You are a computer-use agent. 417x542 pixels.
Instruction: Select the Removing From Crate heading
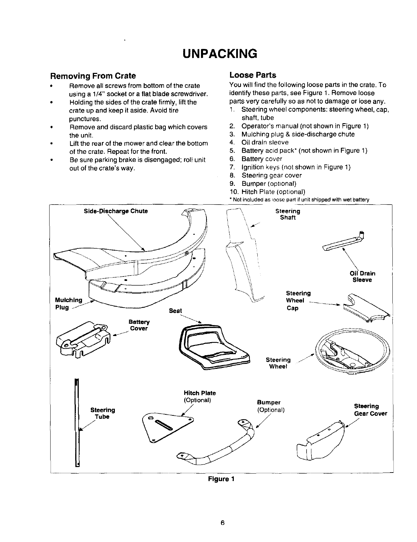(x=93, y=76)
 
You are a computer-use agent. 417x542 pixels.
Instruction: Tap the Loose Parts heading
(x=253, y=75)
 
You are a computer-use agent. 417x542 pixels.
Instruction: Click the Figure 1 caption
(x=221, y=479)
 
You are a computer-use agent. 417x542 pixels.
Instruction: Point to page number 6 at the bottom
(x=222, y=522)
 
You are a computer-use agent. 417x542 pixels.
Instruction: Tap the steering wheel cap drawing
(x=366, y=308)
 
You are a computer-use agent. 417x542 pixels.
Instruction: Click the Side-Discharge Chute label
(x=116, y=211)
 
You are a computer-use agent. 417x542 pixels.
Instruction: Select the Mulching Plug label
(x=68, y=304)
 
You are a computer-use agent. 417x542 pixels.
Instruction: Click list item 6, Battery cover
(x=261, y=159)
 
